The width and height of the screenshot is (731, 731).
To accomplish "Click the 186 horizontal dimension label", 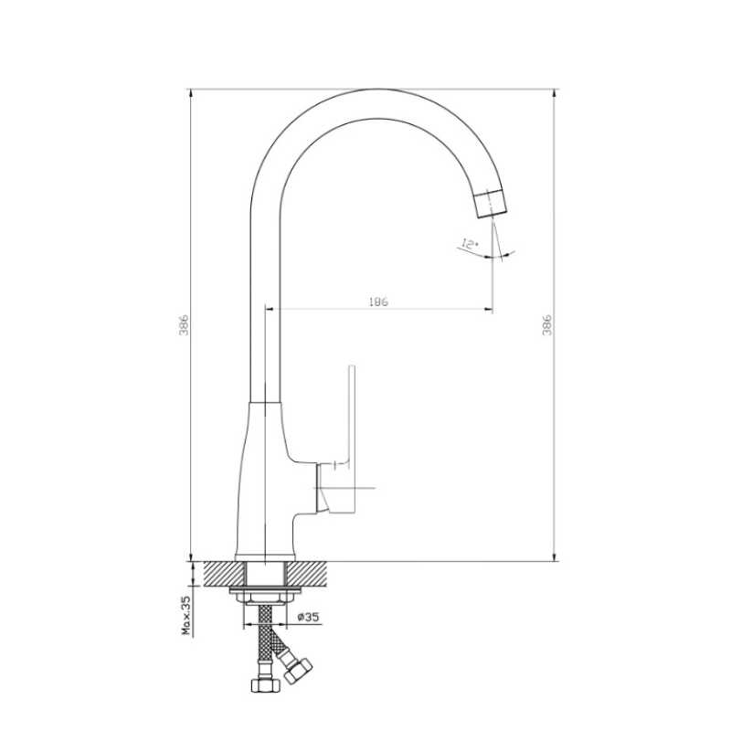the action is pyautogui.click(x=378, y=302).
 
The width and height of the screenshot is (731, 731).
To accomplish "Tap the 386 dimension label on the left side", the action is pyautogui.click(x=184, y=325).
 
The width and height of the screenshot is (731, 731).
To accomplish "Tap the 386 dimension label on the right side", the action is pyautogui.click(x=546, y=325).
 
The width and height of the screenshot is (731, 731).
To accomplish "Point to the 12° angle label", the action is pyautogui.click(x=470, y=244).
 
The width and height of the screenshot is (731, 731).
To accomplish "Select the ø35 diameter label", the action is pyautogui.click(x=308, y=617).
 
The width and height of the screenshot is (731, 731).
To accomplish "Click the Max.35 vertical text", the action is pyautogui.click(x=186, y=615).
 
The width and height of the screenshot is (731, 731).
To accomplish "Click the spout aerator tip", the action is pyautogui.click(x=491, y=204).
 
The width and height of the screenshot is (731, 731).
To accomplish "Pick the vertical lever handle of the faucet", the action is pyautogui.click(x=352, y=439).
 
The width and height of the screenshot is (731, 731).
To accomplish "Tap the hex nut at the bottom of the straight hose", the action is pyautogui.click(x=265, y=684).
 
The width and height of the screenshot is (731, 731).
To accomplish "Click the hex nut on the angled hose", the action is pyautogui.click(x=298, y=671).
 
